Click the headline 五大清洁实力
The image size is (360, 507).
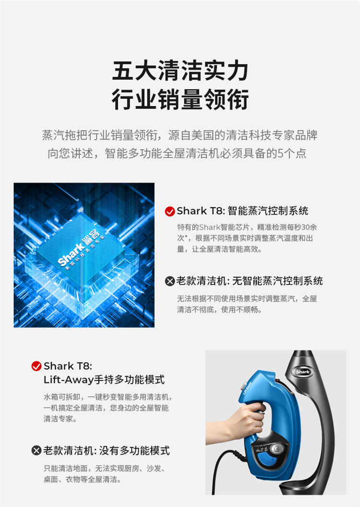[180, 71]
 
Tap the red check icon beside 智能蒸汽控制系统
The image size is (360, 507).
[170, 212]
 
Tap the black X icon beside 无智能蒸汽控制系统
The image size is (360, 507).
[170, 281]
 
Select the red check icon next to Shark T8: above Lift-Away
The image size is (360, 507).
[36, 366]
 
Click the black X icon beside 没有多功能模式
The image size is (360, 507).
[36, 450]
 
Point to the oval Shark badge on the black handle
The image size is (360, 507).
[302, 372]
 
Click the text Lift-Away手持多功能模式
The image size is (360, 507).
[104, 379]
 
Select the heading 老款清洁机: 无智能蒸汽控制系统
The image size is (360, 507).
[250, 281]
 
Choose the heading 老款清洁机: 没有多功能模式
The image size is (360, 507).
[107, 450]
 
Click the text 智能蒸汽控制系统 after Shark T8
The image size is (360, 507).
[268, 211]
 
